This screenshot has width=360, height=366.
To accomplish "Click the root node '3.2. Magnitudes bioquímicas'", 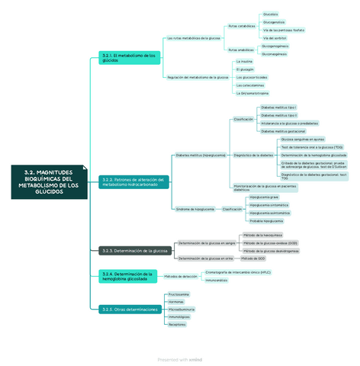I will point(50,182).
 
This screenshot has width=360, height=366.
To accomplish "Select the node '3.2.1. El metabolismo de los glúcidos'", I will point(129,58).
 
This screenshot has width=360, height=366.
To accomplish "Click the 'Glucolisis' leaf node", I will point(270,14).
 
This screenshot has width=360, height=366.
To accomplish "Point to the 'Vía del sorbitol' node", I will point(274,37).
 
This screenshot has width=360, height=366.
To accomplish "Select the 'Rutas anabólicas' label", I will point(241,50).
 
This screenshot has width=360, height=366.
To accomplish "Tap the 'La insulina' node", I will point(244,61).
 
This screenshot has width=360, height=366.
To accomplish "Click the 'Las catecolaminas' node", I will point(250,85).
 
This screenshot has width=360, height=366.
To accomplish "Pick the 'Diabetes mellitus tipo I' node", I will point(278,108).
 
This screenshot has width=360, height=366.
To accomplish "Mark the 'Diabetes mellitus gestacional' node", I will point(283,131).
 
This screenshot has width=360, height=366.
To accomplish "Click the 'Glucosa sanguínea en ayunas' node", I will point(303,140).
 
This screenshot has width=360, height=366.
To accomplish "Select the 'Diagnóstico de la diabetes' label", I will point(252,155).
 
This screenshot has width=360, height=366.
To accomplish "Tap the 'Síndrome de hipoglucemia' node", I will point(194,209).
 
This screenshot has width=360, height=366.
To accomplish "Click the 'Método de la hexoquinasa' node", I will point(262,235).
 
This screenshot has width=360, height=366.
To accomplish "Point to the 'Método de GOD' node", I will point(254,258).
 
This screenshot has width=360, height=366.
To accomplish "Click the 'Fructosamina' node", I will point(178,294).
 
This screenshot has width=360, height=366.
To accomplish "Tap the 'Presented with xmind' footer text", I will point(180,358).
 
